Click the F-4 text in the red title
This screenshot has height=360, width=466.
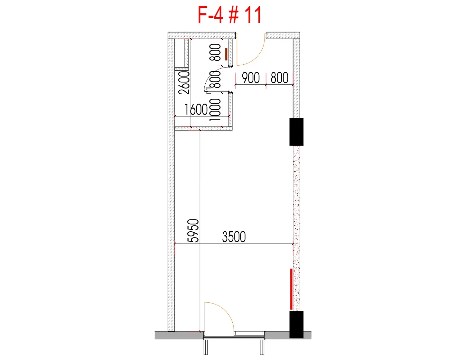tap(210, 15)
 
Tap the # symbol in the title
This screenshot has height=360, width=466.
tap(234, 15)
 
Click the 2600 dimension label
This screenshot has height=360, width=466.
tap(184, 83)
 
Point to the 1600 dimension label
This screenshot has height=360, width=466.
tap(196, 110)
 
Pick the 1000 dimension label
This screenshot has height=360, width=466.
tap(215, 110)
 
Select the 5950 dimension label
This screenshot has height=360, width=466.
tap(193, 230)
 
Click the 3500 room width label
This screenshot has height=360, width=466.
tap(234, 237)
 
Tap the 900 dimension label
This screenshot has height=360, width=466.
tap(251, 77)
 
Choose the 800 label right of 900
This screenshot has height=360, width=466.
tap(279, 77)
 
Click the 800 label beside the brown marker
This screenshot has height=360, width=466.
tap(215, 52)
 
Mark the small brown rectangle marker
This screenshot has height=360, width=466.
tap(226, 54)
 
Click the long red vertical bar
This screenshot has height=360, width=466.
tap(291, 289)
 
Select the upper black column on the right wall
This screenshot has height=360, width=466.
tap(296, 132)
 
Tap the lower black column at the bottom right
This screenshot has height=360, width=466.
tap(296, 324)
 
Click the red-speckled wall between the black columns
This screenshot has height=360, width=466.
tap(296, 228)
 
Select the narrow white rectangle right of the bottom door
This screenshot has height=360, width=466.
tap(249, 333)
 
